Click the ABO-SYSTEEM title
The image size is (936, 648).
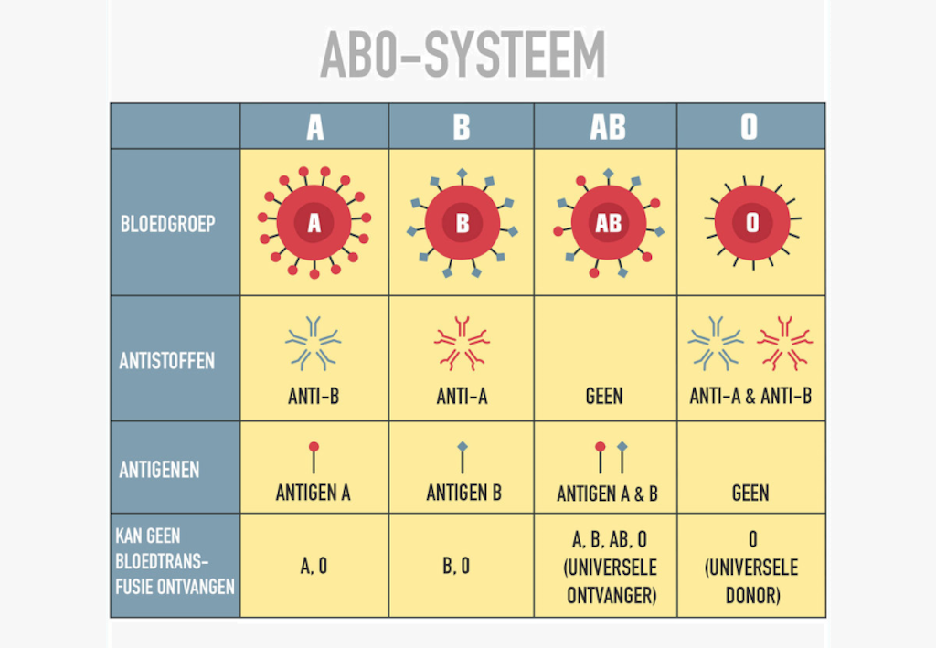coord(463,54)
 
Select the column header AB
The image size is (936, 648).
coord(608,127)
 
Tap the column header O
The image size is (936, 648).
coord(750,127)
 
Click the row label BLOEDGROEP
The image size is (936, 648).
coord(168,224)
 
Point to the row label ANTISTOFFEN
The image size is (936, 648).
coord(167,361)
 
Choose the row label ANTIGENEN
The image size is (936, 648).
coord(159,470)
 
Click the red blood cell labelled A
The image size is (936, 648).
coord(314,223)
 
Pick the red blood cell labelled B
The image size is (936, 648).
coord(462,223)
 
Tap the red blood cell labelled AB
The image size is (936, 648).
coord(608,223)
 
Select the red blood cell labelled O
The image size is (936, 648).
coord(752,223)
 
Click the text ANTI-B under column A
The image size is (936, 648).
coord(314,396)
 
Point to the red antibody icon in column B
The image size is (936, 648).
coord(462,344)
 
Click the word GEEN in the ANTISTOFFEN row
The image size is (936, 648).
coord(604,396)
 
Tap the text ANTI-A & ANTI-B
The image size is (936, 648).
coord(750,396)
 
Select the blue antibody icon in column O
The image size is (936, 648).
coord(716,344)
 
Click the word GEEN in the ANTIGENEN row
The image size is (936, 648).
coord(750,493)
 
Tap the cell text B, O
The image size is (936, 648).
coord(456,566)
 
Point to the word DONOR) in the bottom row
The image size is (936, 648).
coord(753,595)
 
